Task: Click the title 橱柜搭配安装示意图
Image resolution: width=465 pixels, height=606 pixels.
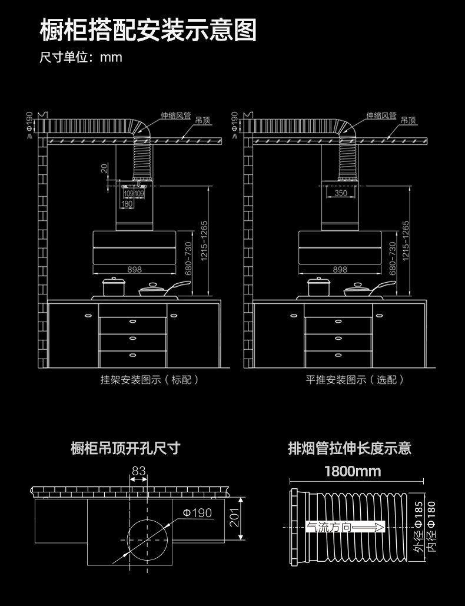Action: click(x=148, y=30)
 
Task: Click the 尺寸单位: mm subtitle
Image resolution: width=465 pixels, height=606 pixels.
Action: click(x=81, y=58)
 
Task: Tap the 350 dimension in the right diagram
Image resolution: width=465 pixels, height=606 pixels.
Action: click(x=340, y=193)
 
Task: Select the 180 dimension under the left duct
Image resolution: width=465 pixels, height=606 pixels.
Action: click(x=127, y=204)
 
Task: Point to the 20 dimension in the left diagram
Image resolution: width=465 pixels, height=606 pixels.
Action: click(x=104, y=168)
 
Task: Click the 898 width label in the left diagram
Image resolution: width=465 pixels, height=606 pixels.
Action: click(x=134, y=269)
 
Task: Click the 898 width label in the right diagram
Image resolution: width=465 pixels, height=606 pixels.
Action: click(x=340, y=269)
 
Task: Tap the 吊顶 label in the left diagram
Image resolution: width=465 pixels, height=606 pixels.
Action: click(x=203, y=120)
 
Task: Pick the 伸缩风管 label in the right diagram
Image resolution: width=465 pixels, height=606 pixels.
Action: click(x=381, y=115)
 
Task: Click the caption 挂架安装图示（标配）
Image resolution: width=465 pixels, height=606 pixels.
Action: click(x=150, y=379)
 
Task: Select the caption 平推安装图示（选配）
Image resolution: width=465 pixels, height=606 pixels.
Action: click(x=355, y=379)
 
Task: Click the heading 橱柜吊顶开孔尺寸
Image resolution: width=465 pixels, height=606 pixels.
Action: click(x=125, y=448)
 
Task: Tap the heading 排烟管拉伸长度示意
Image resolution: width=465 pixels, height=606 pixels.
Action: click(x=349, y=448)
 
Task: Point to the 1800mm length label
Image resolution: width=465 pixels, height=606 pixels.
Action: click(x=353, y=471)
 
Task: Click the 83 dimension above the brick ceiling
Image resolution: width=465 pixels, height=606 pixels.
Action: click(x=138, y=471)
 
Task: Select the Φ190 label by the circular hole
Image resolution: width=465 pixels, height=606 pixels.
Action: click(x=197, y=513)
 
